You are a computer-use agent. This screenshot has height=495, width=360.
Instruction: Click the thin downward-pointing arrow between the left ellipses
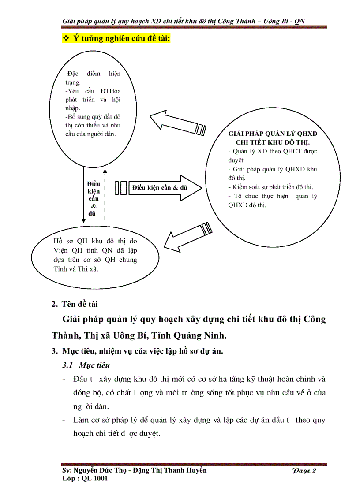83,194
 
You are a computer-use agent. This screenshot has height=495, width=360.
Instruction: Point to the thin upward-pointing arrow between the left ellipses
105,194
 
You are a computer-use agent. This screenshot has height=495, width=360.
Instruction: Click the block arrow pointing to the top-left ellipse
176,124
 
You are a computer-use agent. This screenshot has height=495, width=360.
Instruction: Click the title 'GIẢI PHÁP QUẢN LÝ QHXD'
273,134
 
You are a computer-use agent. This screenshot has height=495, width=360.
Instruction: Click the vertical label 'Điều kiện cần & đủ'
94,198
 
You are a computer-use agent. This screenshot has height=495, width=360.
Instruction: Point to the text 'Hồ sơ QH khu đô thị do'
95,241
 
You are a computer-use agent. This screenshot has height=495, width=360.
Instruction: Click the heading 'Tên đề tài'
80,304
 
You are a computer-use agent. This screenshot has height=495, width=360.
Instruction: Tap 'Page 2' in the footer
304,471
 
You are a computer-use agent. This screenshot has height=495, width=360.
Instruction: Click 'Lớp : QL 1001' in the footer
85,479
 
